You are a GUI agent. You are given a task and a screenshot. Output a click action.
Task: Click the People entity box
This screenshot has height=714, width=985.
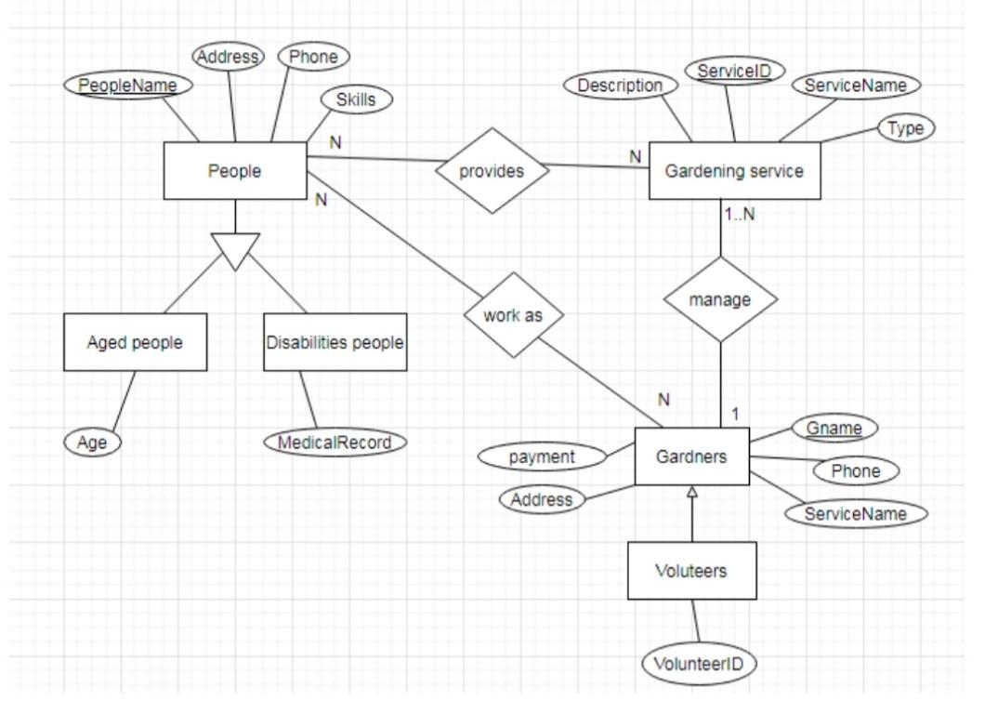[235, 171]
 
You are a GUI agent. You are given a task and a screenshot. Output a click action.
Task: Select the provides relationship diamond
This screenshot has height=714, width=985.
[492, 171]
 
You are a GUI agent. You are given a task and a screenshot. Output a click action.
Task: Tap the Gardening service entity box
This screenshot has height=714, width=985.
[734, 171]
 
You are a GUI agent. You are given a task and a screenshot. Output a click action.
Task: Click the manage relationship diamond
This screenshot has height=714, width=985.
[720, 300]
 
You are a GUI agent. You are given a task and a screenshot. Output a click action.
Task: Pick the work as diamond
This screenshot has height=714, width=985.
[513, 315]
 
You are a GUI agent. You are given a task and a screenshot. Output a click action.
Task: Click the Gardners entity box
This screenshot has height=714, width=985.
[691, 456]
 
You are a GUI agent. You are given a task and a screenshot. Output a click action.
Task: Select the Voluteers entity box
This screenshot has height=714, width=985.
[691, 570]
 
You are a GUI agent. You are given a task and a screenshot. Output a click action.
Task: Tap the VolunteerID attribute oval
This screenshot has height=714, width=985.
[699, 664]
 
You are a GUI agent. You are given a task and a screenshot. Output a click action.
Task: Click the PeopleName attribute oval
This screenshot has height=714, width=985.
[128, 86]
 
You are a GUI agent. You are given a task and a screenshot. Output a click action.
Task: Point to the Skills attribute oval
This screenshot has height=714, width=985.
[356, 99]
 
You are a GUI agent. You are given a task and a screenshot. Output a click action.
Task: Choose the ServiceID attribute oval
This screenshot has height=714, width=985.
[734, 71]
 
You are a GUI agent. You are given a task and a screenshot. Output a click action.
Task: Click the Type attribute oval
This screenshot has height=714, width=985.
[905, 128]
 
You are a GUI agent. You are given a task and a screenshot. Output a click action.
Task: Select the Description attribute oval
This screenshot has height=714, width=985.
[620, 86]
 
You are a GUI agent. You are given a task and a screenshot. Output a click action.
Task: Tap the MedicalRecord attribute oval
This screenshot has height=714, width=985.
[335, 443]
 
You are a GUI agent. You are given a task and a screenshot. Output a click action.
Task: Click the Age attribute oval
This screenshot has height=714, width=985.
[93, 443]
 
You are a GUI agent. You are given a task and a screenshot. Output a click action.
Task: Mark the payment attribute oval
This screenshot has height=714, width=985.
[542, 456]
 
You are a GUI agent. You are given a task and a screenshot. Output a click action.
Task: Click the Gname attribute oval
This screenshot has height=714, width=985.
[834, 429]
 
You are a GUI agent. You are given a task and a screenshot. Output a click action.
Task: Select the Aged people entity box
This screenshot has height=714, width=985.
[136, 342]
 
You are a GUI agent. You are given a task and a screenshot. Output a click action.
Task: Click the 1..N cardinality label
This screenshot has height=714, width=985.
[739, 214]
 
